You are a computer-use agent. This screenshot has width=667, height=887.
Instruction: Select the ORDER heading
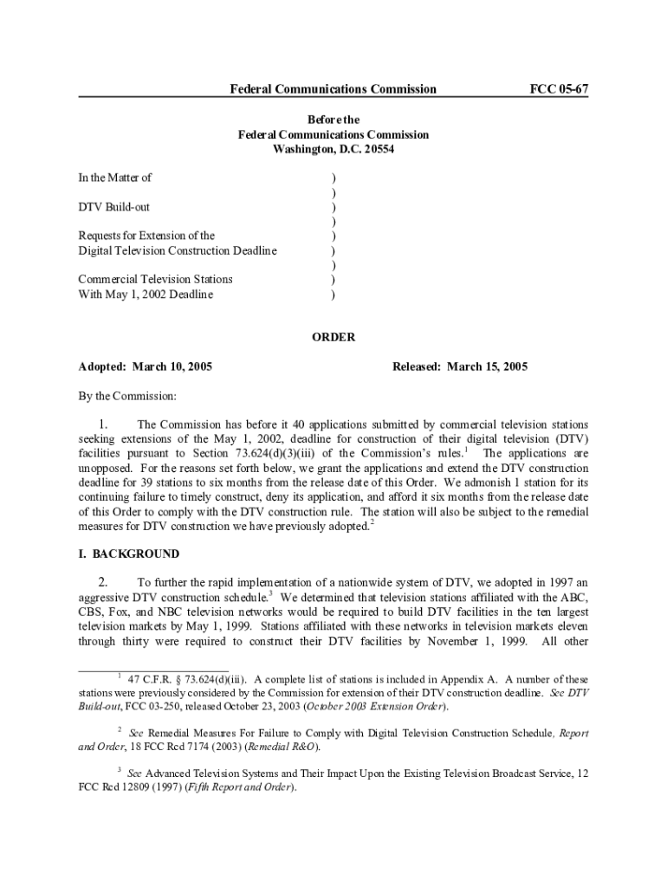333,337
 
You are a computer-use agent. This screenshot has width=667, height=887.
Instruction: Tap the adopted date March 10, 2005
173,367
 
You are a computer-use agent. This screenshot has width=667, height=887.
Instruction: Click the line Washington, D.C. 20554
333,149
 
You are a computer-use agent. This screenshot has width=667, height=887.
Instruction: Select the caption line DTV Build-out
113,207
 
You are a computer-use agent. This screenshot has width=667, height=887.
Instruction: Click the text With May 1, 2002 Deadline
146,295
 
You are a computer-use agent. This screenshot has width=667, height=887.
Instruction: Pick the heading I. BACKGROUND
129,554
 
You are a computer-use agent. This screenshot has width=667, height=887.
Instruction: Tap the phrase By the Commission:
127,396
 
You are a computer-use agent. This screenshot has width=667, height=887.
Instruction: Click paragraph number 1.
102,424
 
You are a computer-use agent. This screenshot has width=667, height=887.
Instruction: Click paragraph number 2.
102,582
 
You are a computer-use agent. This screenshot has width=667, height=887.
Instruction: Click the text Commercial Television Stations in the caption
155,279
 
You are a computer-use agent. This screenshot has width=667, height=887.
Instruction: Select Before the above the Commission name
333,120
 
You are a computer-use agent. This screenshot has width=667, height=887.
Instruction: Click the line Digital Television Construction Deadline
178,250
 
